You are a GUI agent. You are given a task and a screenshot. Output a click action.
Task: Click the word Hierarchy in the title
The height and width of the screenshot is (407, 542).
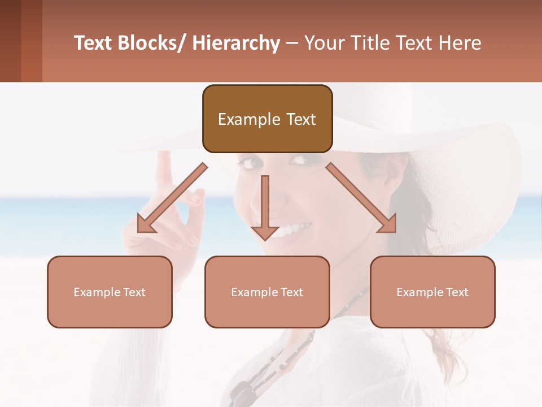pyautogui.click(x=236, y=43)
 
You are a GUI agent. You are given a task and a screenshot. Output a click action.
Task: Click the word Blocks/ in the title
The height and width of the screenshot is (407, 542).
pyautogui.click(x=152, y=43)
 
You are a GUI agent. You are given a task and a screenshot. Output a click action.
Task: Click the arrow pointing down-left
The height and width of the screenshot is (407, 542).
pyautogui.click(x=170, y=198)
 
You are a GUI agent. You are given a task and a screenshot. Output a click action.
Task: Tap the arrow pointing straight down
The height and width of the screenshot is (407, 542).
pyautogui.click(x=265, y=209)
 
